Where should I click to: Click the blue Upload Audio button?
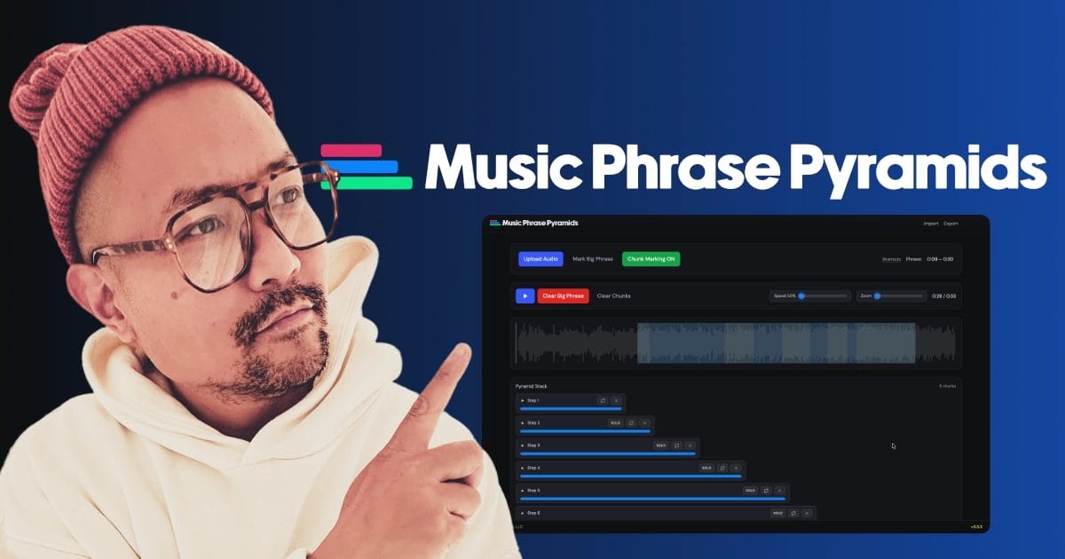540,259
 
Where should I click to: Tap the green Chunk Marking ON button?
651,259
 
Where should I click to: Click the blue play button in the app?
525,295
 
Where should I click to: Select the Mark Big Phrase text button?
592,259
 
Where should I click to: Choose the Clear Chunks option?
613,295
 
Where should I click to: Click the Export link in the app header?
951,224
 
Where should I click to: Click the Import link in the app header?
931,224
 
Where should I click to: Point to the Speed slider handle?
801,295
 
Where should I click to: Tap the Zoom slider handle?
877,295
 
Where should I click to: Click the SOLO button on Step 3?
660,445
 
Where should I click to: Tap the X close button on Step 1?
617,400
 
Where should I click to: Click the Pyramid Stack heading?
532,386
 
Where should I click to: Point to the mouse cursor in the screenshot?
894,446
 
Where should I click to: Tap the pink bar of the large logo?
351,150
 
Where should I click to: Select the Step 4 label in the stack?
533,468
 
